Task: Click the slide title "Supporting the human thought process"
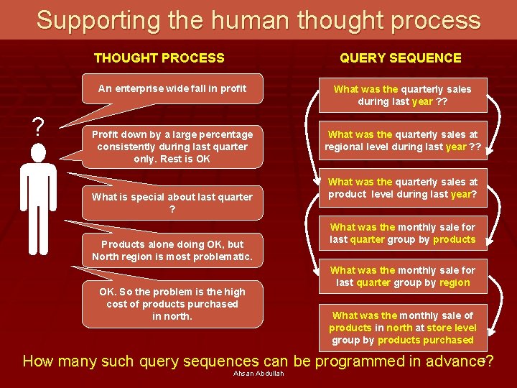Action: pyautogui.click(x=258, y=20)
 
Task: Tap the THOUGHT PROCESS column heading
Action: pyautogui.click(x=159, y=58)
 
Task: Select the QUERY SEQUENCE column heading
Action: pyautogui.click(x=401, y=58)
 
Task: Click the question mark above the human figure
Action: pyautogui.click(x=38, y=127)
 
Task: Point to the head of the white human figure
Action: pyautogui.click(x=38, y=153)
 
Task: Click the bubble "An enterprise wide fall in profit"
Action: pyautogui.click(x=172, y=89)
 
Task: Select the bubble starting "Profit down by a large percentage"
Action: pyautogui.click(x=172, y=147)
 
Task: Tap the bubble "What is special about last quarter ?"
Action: pyautogui.click(x=172, y=203)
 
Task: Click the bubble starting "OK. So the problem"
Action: pyautogui.click(x=172, y=304)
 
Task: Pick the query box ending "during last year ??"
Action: pyautogui.click(x=402, y=96)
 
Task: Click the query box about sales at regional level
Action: pyautogui.click(x=402, y=141)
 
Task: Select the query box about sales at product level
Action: pyautogui.click(x=402, y=188)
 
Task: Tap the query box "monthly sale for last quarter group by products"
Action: pyautogui.click(x=402, y=234)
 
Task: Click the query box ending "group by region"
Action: pyautogui.click(x=402, y=277)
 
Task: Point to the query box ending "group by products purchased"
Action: pyautogui.click(x=402, y=328)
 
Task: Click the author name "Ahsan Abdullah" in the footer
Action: pyautogui.click(x=258, y=374)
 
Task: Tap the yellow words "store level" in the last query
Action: pyautogui.click(x=451, y=328)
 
